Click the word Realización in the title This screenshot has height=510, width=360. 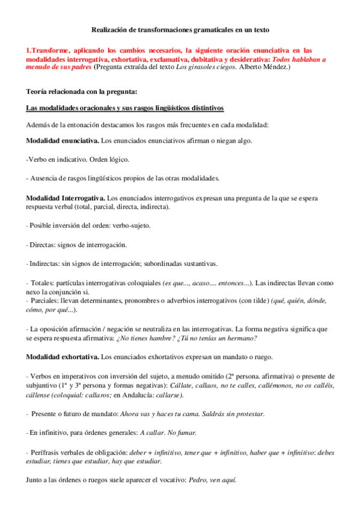pos(111,29)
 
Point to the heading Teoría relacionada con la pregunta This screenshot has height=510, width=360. pos(82,92)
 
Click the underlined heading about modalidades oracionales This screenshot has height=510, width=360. pos(125,108)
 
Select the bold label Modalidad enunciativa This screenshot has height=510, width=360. pos(63,141)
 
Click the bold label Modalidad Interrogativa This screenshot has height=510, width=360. pos(65,198)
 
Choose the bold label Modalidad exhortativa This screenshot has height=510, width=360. pos(63,357)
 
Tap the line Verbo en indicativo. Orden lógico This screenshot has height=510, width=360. pos(78,159)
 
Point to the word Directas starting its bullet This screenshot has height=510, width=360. pos(42,245)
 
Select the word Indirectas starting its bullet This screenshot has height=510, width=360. pos(44,263)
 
